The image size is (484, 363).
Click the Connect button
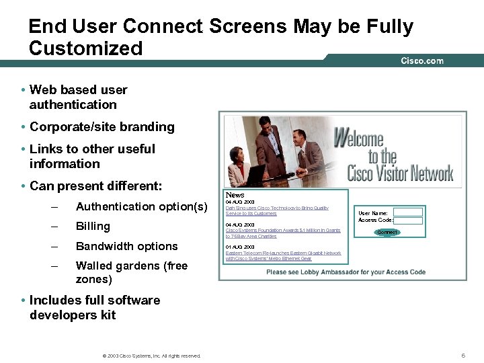click(387, 232)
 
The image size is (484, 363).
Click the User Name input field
click(407, 212)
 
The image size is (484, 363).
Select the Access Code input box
click(407, 220)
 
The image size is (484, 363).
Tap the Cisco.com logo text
click(422, 61)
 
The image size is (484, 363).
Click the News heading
click(235, 194)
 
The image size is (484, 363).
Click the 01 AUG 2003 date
click(240, 247)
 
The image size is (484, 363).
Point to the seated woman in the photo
click(239, 165)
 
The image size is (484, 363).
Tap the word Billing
click(93, 226)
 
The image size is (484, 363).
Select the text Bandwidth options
click(126, 246)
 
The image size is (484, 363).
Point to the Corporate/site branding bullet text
click(102, 127)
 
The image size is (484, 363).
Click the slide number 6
click(463, 355)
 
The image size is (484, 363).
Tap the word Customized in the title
click(86, 48)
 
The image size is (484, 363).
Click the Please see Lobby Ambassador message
click(346, 272)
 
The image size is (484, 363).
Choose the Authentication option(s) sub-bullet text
click(141, 206)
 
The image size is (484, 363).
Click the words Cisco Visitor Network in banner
click(400, 174)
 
